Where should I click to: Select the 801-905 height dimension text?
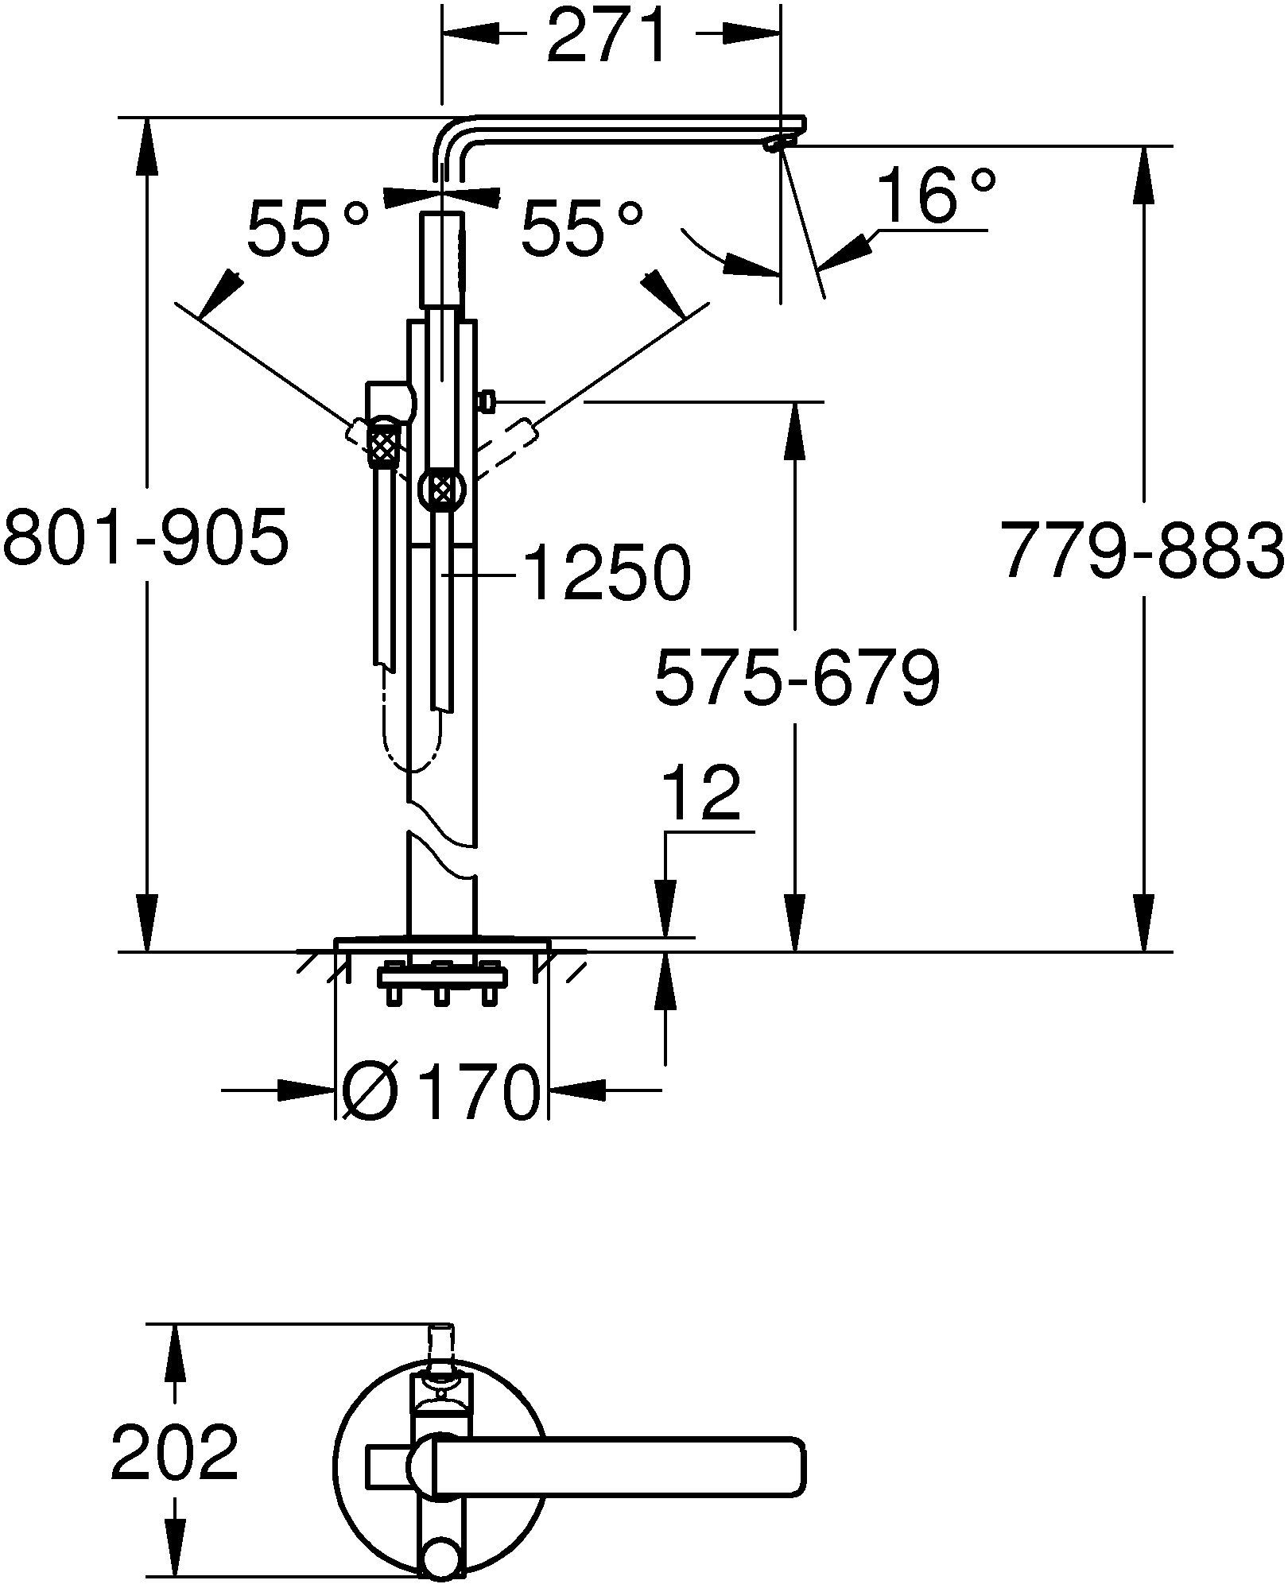click(x=145, y=538)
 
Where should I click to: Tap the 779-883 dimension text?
click(x=1143, y=550)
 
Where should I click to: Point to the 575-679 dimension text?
click(x=797, y=677)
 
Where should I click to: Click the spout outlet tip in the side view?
click(x=778, y=143)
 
